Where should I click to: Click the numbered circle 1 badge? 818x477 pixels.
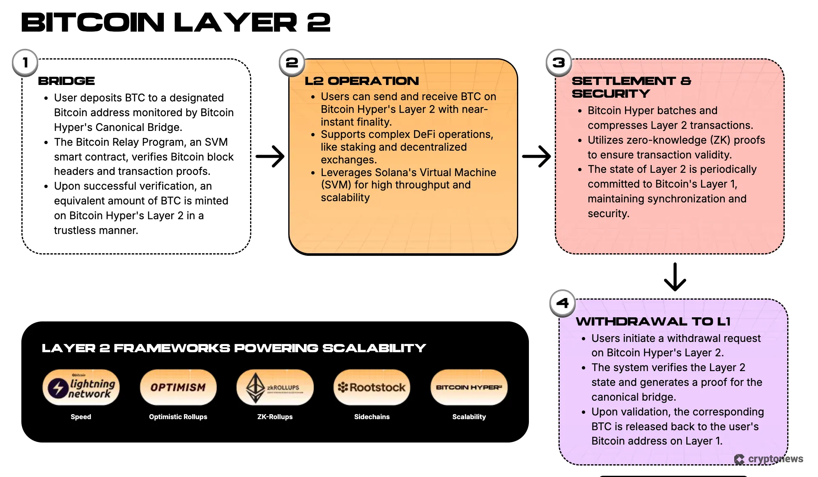25,63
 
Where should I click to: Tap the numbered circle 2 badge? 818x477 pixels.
292,63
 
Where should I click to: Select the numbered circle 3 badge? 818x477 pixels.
559,63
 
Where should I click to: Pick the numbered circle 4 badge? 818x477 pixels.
563,303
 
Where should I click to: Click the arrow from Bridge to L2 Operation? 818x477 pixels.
270,156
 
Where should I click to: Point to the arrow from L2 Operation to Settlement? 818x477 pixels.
537,156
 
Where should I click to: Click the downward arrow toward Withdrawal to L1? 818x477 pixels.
675,277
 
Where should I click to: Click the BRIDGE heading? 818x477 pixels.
67,81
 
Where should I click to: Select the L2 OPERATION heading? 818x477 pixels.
362,81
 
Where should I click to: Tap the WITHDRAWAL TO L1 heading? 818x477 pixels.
653,321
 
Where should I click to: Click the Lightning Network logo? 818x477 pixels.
81,388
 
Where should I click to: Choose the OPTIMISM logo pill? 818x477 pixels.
178,388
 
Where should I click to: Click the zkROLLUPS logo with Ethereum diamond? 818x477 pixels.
275,388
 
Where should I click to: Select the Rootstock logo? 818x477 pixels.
372,388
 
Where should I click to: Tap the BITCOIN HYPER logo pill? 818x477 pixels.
469,388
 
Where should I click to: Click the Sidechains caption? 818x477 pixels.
372,417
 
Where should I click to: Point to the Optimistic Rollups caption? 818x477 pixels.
178,417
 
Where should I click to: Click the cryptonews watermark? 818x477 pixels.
769,459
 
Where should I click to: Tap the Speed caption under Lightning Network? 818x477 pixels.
81,417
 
